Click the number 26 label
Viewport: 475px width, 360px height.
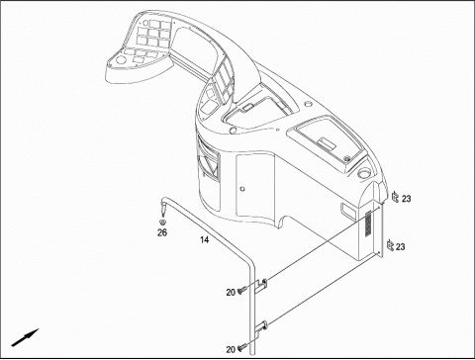click(162, 232)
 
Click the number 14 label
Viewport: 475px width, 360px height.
click(205, 239)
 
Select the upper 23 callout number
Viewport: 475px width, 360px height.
click(406, 199)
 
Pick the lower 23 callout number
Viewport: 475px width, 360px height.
click(400, 246)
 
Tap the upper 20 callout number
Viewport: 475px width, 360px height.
click(231, 292)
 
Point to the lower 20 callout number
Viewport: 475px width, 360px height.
click(231, 349)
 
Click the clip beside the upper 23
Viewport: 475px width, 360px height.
click(395, 197)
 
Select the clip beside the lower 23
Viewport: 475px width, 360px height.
click(390, 245)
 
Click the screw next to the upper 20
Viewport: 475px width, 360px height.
click(241, 290)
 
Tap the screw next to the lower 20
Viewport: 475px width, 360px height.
click(241, 347)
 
